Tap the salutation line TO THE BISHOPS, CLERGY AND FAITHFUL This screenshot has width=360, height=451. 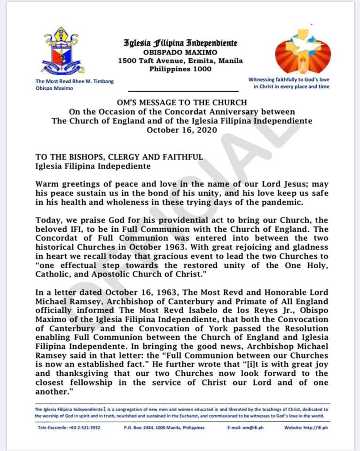coord(119,157)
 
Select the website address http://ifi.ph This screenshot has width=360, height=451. coord(321,428)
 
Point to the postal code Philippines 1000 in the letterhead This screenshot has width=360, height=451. coord(180,69)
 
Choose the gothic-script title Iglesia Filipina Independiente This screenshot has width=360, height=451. coord(180,43)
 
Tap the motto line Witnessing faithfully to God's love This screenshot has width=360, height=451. coord(289,79)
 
